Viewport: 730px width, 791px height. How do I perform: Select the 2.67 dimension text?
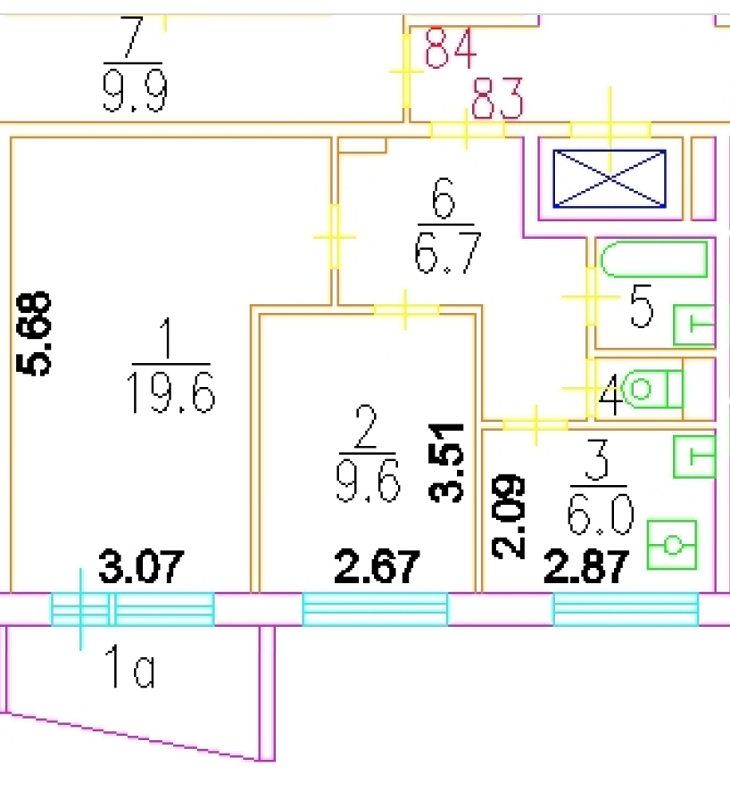[x=376, y=567]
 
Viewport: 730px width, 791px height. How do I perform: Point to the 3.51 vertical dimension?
[x=450, y=463]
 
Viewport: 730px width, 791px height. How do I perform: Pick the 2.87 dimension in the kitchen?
[x=589, y=567]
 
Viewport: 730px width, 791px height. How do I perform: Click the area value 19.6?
[x=172, y=393]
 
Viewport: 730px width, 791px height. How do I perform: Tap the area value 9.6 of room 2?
[x=368, y=482]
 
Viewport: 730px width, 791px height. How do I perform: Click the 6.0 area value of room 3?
[x=600, y=515]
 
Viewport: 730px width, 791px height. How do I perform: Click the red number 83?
[x=497, y=99]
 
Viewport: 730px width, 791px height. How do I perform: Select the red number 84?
[x=451, y=49]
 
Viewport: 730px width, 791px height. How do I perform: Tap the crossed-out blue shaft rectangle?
[x=610, y=178]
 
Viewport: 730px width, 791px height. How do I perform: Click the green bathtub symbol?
[x=654, y=260]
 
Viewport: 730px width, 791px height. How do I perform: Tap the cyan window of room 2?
[x=374, y=610]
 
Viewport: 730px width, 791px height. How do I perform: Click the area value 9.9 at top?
[x=135, y=91]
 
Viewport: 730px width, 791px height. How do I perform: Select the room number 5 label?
[x=641, y=308]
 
